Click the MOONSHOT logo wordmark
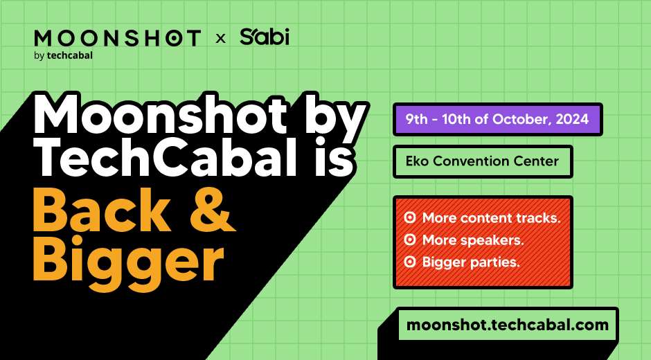coord(118,38)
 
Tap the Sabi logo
coord(264,37)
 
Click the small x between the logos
coord(220,39)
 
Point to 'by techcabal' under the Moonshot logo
coord(63,55)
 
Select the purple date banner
coord(497,120)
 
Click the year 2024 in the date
coord(572,119)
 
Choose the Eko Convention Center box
coord(483,161)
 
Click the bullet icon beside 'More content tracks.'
coord(410,217)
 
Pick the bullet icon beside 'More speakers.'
coord(410,240)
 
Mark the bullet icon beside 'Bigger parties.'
coord(410,262)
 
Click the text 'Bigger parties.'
coord(471,262)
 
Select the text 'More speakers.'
coord(473,240)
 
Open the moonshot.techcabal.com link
coord(508,324)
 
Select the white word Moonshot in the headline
coord(160,114)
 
